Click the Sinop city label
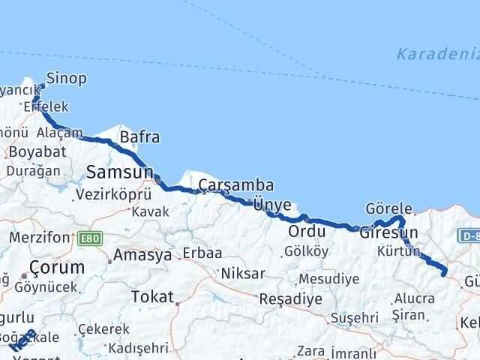[x=66, y=78]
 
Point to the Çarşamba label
[x=236, y=185]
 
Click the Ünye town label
[x=271, y=203]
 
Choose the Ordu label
[x=307, y=230]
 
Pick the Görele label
[x=388, y=208]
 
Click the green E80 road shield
[x=88, y=238]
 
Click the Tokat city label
[x=152, y=297]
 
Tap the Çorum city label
[x=56, y=267]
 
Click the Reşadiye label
[x=290, y=298]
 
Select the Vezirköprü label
[x=113, y=193]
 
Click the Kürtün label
[x=400, y=251]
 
